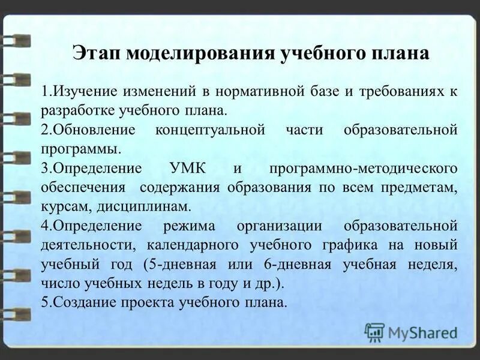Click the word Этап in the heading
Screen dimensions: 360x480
95,53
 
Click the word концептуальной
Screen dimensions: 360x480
210,130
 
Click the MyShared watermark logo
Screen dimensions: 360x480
411,332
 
